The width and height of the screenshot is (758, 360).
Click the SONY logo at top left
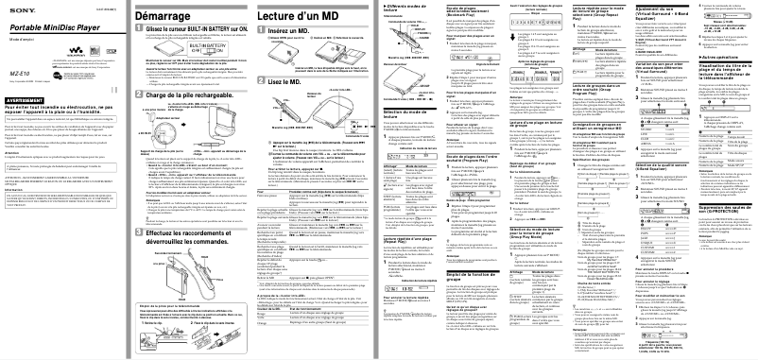[16, 9]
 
